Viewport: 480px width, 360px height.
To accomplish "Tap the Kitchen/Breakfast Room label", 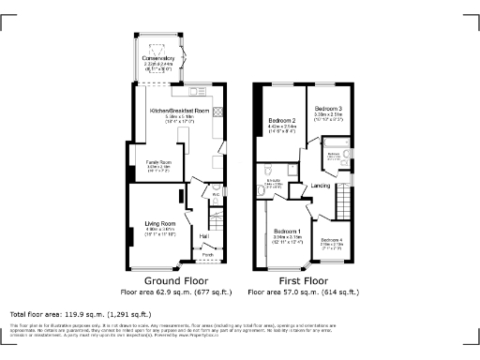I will pyautogui.click(x=178, y=111).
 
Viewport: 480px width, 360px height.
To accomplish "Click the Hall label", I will pyautogui.click(x=203, y=236).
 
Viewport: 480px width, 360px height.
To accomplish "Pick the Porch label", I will pyautogui.click(x=206, y=254).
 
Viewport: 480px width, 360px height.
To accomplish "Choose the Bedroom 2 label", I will pyautogui.click(x=282, y=121).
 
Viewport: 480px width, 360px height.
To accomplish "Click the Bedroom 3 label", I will pyautogui.click(x=328, y=110).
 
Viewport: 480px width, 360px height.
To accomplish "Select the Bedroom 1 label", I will pyautogui.click(x=287, y=231).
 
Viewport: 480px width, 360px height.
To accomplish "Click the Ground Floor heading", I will pyautogui.click(x=175, y=280).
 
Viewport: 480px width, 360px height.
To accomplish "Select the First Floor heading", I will pyautogui.click(x=303, y=280).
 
